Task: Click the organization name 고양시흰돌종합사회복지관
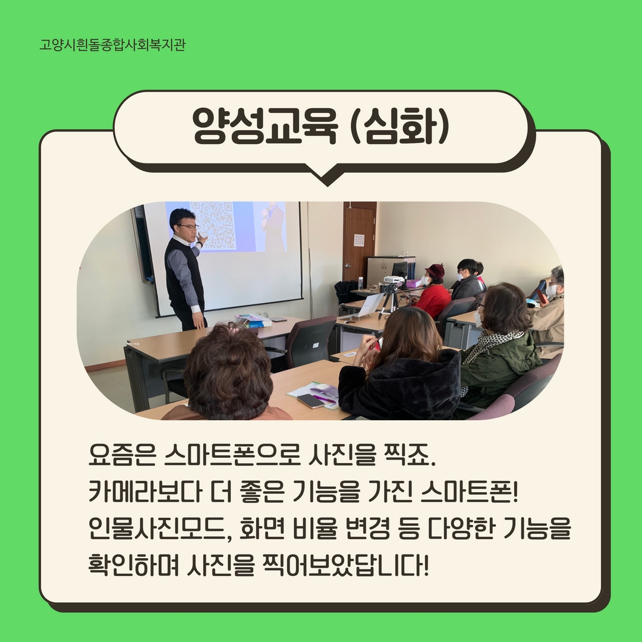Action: (x=112, y=44)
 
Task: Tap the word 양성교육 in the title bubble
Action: (x=265, y=125)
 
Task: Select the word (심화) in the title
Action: (x=400, y=125)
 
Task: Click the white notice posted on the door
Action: (x=359, y=240)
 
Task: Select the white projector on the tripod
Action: (x=393, y=280)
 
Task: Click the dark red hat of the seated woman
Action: (x=435, y=270)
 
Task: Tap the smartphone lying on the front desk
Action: (x=311, y=400)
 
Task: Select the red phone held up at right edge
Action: (x=542, y=296)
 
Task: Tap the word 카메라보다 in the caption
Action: (x=146, y=492)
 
